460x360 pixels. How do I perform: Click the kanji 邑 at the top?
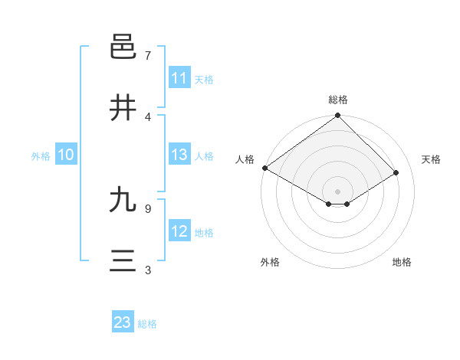click(123, 47)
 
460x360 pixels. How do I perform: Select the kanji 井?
click(123, 108)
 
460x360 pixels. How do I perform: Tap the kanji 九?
click(123, 200)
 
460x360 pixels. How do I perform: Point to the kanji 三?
click(123, 261)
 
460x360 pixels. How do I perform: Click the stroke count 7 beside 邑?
click(148, 56)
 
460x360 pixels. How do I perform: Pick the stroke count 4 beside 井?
click(148, 117)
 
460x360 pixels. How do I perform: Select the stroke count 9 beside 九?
click(148, 208)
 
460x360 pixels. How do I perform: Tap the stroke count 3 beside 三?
click(148, 270)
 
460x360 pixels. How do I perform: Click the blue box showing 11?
click(179, 78)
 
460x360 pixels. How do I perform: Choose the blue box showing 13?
click(179, 155)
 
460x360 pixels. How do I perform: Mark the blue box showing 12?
click(179, 231)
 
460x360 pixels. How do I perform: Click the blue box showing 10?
click(66, 155)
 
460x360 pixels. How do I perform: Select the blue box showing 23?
click(123, 322)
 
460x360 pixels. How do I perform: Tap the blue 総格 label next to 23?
click(147, 324)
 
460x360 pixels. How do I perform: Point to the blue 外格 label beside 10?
click(41, 155)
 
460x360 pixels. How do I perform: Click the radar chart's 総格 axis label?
click(338, 100)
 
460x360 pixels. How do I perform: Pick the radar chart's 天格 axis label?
click(432, 159)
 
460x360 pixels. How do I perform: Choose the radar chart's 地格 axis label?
click(402, 262)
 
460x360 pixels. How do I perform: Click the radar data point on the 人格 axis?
click(264, 168)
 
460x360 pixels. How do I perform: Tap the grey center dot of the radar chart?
click(338, 191)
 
